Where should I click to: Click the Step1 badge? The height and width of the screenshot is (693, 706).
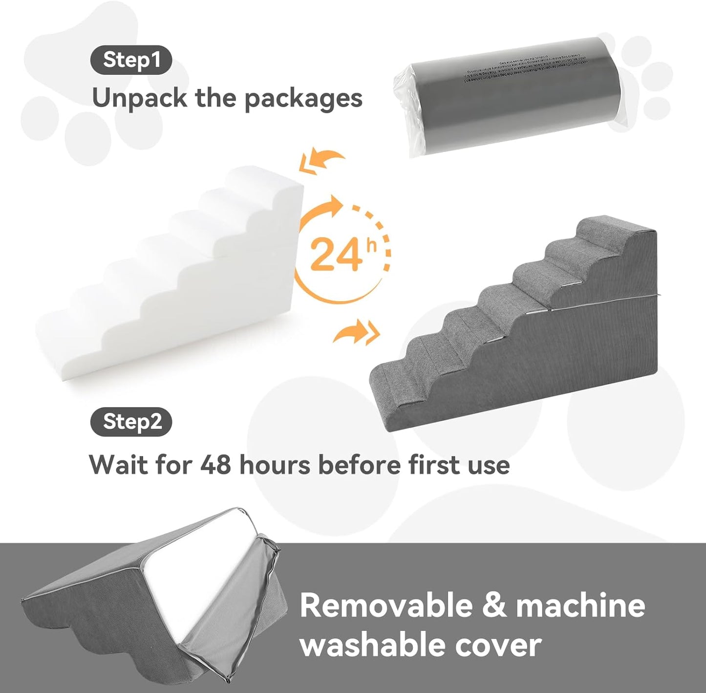(131, 60)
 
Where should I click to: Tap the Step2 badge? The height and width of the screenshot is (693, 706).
(131, 422)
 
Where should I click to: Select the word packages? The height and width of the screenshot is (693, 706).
(303, 99)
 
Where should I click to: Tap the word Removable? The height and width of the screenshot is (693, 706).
(386, 606)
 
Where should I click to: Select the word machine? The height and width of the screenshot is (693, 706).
(580, 606)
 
